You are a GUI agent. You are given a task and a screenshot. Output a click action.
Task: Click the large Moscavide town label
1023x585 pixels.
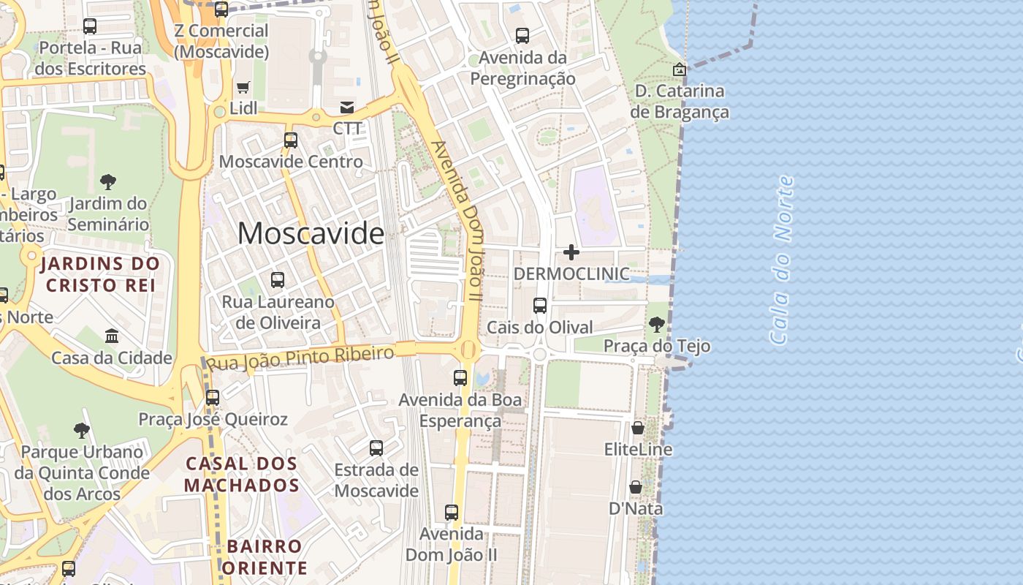311,233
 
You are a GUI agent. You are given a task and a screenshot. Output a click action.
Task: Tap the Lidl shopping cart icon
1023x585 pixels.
243,87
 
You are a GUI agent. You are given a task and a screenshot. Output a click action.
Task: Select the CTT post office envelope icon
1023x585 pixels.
347,107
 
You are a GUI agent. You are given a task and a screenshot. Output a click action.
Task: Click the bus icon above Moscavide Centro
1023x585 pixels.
291,140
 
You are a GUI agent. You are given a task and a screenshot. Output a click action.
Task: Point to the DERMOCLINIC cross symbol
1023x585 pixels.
571,252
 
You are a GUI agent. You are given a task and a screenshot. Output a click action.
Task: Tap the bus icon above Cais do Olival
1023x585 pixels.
540,306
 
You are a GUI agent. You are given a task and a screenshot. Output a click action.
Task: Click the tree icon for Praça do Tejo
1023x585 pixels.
656,324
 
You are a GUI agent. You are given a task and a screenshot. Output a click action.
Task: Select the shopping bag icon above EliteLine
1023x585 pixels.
638,428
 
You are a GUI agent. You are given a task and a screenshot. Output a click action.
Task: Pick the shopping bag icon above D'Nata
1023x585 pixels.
636,487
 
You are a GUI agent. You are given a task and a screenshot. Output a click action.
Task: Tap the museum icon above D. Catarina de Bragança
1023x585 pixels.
680,69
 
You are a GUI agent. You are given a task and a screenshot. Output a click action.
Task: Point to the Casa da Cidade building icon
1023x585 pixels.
112,336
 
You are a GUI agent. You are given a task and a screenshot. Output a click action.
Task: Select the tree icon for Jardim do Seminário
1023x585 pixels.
108,181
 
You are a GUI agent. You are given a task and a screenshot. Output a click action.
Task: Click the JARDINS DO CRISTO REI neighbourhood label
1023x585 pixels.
101,274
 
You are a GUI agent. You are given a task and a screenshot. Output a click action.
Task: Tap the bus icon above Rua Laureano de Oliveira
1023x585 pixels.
278,279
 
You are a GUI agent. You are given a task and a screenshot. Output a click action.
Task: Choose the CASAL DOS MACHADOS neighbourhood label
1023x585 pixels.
241,475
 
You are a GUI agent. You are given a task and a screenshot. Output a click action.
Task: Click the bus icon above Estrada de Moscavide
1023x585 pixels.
376,448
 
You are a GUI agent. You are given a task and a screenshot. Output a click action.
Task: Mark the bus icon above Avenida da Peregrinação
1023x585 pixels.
522,35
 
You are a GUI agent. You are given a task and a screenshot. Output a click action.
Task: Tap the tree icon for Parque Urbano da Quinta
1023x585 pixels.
82,431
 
